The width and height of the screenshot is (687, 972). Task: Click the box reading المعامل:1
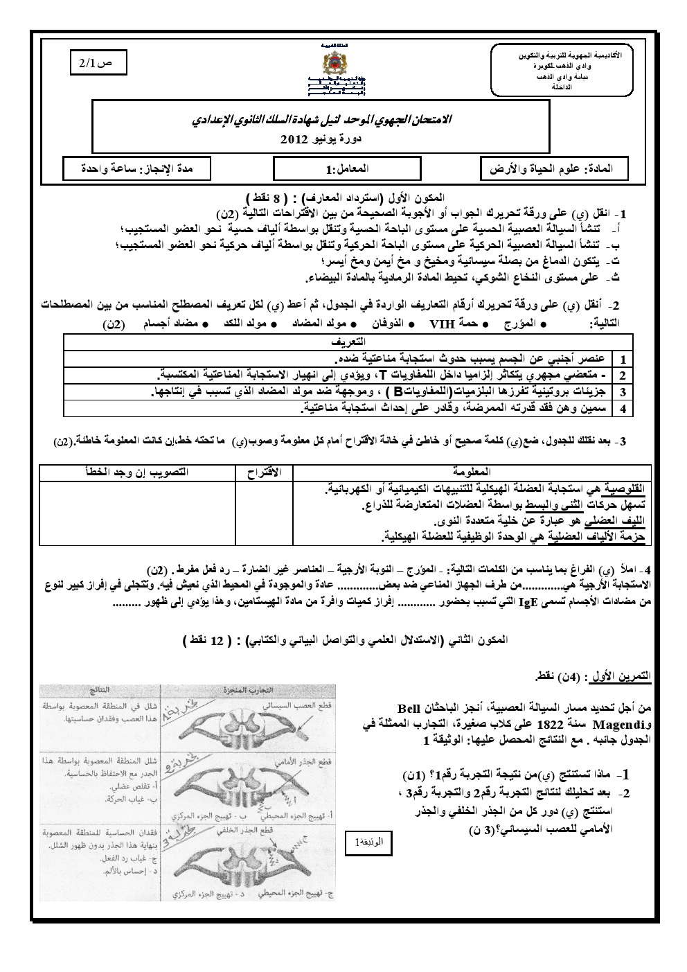[347, 168]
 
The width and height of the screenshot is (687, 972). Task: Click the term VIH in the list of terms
[440, 324]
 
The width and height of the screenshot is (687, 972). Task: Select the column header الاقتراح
[264, 472]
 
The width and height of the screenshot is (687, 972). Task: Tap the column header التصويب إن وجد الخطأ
[137, 472]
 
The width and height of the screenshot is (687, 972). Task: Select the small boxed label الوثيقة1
[368, 842]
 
